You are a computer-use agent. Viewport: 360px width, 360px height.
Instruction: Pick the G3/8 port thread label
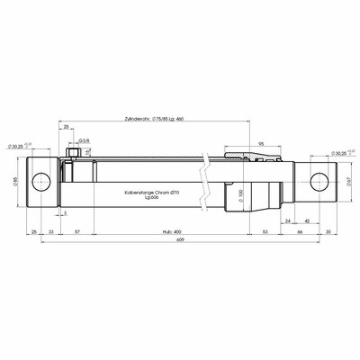coord(83,141)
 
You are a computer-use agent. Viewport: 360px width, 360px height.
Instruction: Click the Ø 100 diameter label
coord(240,195)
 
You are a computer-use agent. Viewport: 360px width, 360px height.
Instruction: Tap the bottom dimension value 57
coord(80,230)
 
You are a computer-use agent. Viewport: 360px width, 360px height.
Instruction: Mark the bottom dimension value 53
coord(265,230)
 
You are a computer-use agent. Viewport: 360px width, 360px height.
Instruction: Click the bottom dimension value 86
coord(299,230)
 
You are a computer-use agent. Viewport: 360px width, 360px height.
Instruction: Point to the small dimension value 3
coord(66,213)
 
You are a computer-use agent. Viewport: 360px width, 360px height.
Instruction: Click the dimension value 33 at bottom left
coord(50,230)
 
